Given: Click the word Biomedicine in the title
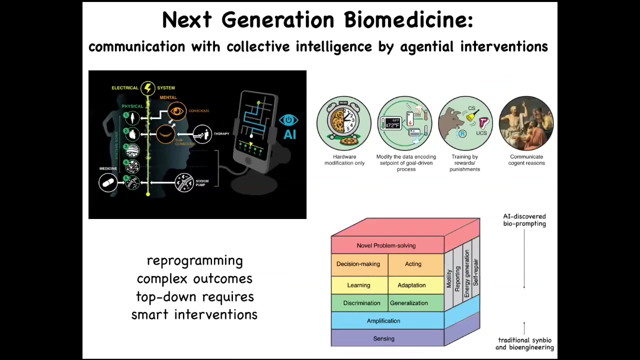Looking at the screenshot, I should click(x=408, y=20).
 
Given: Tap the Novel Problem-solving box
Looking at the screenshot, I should click(x=386, y=245).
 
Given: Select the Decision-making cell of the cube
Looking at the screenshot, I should click(x=358, y=264).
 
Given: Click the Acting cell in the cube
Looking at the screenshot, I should click(x=413, y=264).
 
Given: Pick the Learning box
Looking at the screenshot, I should click(x=358, y=285).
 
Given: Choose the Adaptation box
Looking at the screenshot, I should click(x=411, y=285).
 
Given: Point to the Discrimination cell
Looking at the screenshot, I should click(x=361, y=303).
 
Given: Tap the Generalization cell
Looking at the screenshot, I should click(x=409, y=303).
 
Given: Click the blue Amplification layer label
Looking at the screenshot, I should click(x=383, y=321).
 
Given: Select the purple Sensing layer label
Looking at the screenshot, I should click(x=383, y=338).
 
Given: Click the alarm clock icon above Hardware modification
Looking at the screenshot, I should click(x=344, y=123).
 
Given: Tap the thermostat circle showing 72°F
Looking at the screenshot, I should click(x=405, y=123).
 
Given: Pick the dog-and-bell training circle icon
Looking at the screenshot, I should click(x=465, y=123).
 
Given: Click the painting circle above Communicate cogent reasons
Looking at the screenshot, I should click(x=526, y=123).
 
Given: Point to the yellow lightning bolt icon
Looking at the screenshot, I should click(x=147, y=88).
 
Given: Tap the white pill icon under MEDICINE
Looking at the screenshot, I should click(x=108, y=183).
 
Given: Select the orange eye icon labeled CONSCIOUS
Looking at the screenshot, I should click(x=176, y=111).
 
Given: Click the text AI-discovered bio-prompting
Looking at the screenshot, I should click(x=524, y=220).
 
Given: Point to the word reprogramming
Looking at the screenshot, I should click(x=194, y=260).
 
